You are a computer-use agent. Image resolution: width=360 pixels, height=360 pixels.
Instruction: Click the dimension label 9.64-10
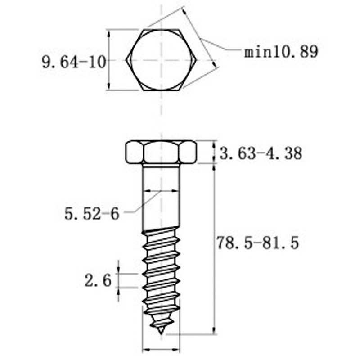click(x=74, y=62)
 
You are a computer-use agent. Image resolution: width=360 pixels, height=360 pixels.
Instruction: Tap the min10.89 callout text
click(x=281, y=52)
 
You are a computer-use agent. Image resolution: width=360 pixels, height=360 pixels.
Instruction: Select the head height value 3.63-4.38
click(x=261, y=153)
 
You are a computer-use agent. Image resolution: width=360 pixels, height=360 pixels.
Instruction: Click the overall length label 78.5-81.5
click(x=258, y=243)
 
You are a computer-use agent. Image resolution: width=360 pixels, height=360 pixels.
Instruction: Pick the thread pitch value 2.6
click(x=98, y=280)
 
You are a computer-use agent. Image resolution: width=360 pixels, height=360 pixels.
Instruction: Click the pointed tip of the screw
click(x=161, y=333)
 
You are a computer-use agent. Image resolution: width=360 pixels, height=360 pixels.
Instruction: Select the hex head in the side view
click(x=161, y=152)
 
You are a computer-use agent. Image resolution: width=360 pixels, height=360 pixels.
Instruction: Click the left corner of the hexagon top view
click(x=126, y=60)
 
